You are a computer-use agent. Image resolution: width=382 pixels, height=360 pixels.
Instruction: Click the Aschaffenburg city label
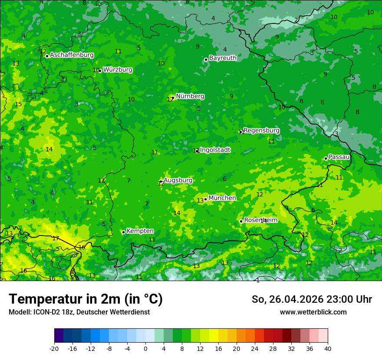pos(72,55)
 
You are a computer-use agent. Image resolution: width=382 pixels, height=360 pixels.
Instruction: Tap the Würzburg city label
pos(118,70)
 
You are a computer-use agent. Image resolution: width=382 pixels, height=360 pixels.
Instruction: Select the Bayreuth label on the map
pos(223,58)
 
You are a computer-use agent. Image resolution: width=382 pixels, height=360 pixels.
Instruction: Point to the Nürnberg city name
pos(190,96)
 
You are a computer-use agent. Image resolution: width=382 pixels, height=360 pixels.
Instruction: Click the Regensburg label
pos(261,131)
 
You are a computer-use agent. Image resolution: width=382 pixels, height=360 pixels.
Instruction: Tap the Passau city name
pos(339,157)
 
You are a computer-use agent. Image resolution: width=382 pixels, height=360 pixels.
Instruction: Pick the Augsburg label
pos(178,180)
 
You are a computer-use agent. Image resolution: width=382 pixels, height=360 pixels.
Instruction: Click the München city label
pos(222,198)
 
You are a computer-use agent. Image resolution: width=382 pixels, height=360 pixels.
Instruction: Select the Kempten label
pos(140,231)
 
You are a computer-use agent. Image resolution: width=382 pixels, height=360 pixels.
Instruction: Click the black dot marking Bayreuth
pos(206,59)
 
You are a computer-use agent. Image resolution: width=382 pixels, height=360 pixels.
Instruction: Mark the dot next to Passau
pos(326,158)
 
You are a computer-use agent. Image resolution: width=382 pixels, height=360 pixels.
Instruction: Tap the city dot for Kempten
pos(123,232)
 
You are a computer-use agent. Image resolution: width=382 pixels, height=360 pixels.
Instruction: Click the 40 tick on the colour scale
pos(327,348)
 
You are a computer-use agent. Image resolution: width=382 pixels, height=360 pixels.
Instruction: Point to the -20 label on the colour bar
pos(54,348)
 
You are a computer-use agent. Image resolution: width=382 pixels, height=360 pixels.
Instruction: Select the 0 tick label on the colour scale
pos(145,348)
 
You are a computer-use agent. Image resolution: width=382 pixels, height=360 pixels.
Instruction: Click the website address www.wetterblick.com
pos(313,312)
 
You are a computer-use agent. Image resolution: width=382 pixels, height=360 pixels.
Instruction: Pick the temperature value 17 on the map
pos(56,238)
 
